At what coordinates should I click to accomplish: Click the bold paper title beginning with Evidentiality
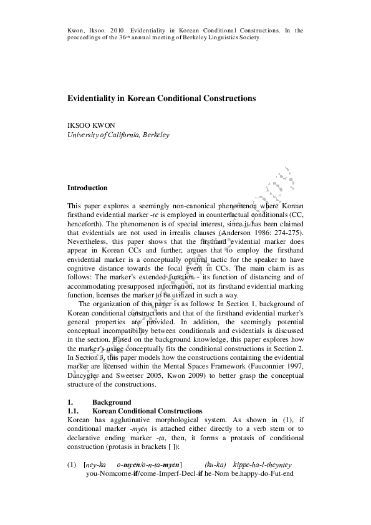[x=161, y=99]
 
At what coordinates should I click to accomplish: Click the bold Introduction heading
[x=87, y=188]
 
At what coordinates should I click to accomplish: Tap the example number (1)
[x=72, y=465]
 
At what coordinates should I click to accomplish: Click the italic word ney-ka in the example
[x=96, y=465]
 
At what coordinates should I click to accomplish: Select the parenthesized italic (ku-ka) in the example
[x=215, y=465]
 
